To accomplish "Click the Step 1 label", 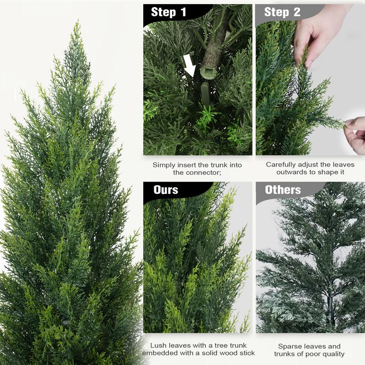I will pos(168,12).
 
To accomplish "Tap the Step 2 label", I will pos(282,12).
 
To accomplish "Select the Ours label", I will pos(166,190).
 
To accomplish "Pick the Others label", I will pos(283,190).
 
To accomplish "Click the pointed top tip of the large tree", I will pos(75,23).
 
